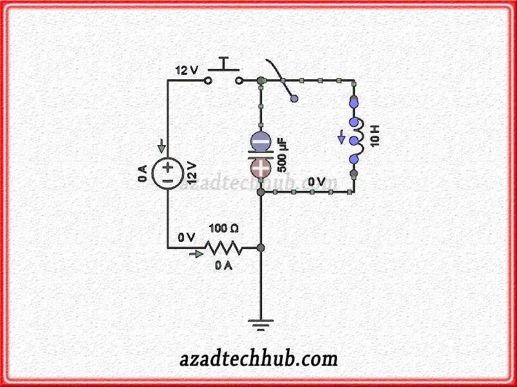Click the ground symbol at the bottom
[x=261, y=325]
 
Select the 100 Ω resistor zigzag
[x=223, y=248]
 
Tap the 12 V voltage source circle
[x=167, y=174]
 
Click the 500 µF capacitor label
[x=282, y=155]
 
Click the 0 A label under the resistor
[x=223, y=266]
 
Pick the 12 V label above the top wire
[x=187, y=70]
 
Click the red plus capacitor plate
[x=261, y=169]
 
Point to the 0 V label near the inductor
[x=316, y=182]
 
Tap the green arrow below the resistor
[x=194, y=255]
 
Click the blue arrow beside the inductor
[x=341, y=137]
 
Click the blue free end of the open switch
[x=294, y=99]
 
